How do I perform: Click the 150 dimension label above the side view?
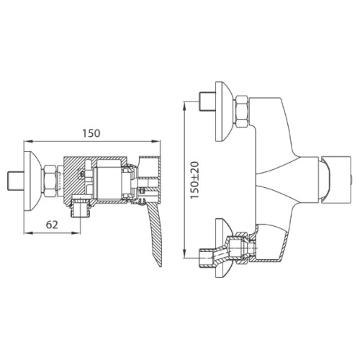point(91,133)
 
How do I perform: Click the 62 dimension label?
point(52,225)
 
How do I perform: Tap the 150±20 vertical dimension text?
point(195,180)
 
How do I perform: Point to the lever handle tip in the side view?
point(160,266)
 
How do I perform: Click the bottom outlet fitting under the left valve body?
point(81,208)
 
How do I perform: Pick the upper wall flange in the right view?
point(224,112)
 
